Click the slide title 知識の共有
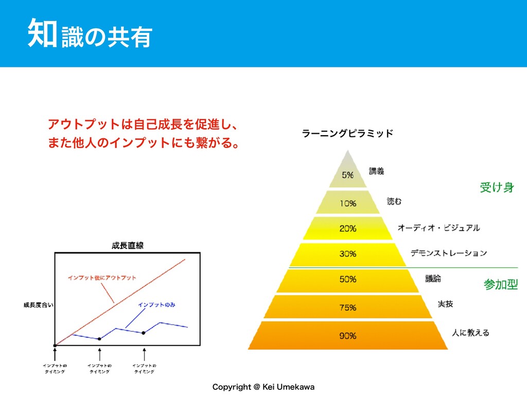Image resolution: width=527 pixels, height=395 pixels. click(x=91, y=33)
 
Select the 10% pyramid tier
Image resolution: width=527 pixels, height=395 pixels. click(x=347, y=203)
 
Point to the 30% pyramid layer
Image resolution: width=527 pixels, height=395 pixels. click(x=347, y=254)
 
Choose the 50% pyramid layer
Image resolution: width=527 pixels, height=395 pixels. click(x=347, y=279)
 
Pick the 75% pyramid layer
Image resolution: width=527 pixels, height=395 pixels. click(x=347, y=308)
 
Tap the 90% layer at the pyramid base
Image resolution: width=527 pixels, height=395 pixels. click(x=347, y=336)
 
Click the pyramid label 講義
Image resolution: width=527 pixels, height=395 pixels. click(x=377, y=171)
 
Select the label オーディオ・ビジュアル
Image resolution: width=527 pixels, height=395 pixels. click(x=438, y=227)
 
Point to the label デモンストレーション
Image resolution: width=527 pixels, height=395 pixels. click(x=449, y=253)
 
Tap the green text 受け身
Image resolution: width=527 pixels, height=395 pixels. click(x=497, y=187)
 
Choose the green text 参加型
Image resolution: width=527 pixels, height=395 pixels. click(x=501, y=284)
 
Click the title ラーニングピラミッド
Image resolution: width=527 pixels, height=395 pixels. click(x=348, y=134)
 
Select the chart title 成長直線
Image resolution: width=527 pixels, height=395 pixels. click(x=127, y=245)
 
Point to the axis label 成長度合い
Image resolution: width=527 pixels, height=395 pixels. click(x=38, y=304)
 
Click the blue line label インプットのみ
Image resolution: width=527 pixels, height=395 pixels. click(x=157, y=304)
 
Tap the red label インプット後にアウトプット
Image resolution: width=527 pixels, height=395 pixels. click(x=102, y=278)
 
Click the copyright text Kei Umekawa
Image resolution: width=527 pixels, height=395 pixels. click(x=263, y=386)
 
